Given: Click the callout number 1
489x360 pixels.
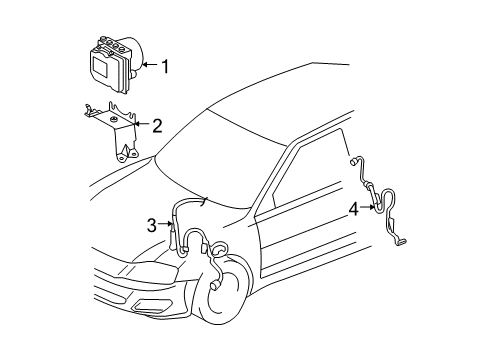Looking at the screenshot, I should [x=165, y=68].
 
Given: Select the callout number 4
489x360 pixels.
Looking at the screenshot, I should [x=353, y=209].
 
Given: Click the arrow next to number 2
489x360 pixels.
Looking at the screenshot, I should [x=142, y=125].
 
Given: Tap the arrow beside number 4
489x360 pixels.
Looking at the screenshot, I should [x=367, y=209].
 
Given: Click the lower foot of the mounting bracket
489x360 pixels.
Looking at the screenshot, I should [x=125, y=155].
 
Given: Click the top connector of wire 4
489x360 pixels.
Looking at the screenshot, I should [x=354, y=159].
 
